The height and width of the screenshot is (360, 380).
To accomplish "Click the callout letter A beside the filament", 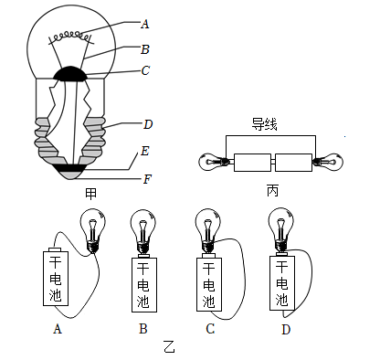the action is coord(145,24).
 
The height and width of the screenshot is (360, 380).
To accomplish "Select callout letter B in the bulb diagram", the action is coord(145,49).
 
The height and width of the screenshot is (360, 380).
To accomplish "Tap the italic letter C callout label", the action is coord(145,70).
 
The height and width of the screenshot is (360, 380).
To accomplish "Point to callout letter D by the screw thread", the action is coord(148,124).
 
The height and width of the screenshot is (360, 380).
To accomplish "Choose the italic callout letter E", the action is coord(145,151).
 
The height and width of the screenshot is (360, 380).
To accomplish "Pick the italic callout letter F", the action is coord(147,179).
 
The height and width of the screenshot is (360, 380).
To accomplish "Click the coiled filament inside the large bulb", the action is coord(70,37).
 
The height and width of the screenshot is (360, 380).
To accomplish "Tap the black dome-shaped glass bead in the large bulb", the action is coord(70,74).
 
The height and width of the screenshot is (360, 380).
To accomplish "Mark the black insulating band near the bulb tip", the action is coord(70,167).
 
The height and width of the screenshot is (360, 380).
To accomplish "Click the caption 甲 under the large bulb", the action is coord(90,194).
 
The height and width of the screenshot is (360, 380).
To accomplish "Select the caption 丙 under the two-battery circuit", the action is coord(272,191).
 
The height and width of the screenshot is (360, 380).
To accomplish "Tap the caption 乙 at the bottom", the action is coord(169,347).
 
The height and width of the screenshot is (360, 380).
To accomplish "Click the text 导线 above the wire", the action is coord(264,124).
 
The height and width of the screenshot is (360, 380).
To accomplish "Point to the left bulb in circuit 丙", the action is coord(214,162).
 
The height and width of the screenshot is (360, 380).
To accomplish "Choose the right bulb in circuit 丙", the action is coord(329,161).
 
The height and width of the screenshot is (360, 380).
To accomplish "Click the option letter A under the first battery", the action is coord(58,329).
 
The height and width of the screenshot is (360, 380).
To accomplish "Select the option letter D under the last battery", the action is coord(286,329).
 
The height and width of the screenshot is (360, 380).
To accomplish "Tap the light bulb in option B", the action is coord(143,231).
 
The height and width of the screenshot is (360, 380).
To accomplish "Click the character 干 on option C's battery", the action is coord(208,269).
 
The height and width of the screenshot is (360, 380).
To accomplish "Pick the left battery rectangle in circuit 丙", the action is coord(252,163).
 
